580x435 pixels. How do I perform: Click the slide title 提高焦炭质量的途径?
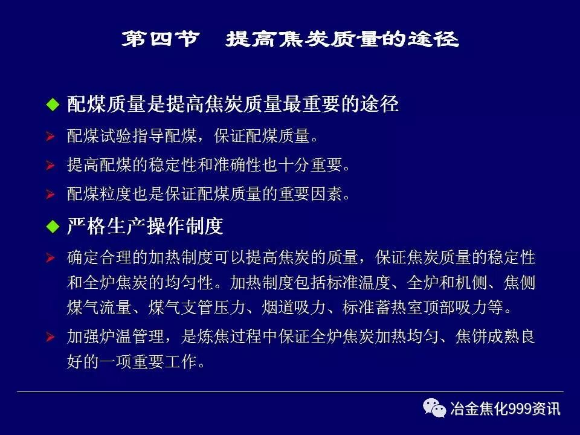coord(343,40)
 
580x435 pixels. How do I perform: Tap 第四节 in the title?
coord(159,40)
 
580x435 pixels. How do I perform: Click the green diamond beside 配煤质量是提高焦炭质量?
coord(54,105)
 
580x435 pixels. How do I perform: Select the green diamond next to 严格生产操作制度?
coord(54,227)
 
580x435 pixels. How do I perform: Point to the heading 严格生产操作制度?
coord(145,227)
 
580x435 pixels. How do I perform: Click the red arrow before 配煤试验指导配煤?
coord(51,137)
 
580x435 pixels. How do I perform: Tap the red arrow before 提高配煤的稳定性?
coord(51,165)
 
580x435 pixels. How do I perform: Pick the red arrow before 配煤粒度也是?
coord(51,195)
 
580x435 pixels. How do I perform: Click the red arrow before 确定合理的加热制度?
coord(51,259)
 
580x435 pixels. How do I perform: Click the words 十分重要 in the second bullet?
coord(311,165)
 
